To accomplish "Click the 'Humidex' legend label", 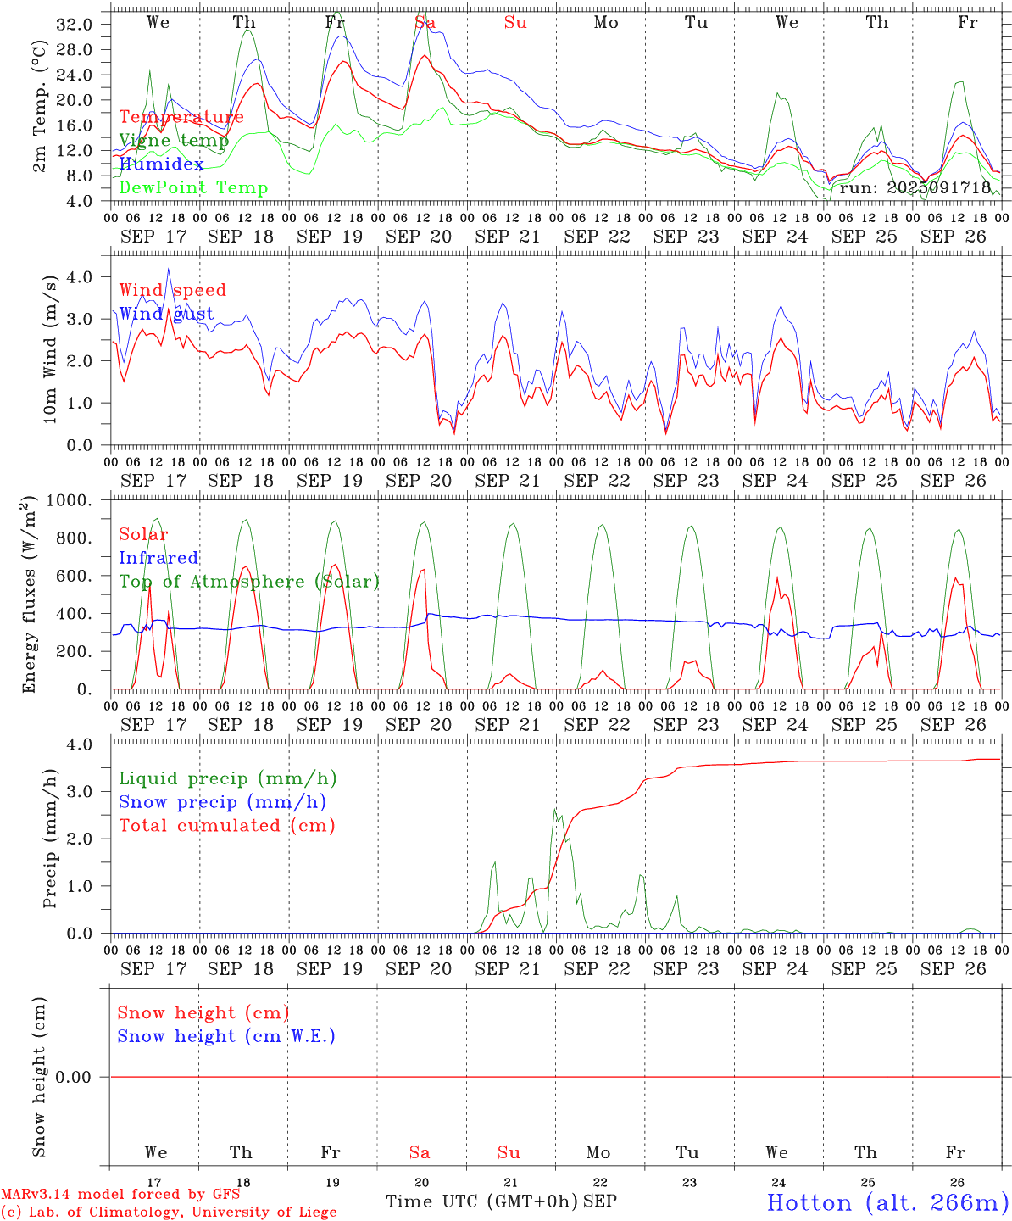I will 161,164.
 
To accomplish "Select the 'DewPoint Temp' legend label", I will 193,187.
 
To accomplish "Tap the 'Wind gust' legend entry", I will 166,314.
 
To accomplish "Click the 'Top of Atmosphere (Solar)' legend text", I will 249,582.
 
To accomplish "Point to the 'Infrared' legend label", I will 158,558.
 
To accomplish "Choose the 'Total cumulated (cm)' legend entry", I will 227,825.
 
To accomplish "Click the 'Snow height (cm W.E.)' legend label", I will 226,1036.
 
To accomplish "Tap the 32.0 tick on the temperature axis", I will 74,25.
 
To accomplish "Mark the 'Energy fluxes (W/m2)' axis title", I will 30,594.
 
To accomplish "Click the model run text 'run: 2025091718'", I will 915,187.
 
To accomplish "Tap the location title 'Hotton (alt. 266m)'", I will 887,1202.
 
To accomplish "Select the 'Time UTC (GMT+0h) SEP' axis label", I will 501,1201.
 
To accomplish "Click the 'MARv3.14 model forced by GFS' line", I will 120,1194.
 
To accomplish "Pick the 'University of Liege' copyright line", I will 169,1213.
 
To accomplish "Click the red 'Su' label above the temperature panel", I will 515,23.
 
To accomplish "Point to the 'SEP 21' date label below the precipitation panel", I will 507,968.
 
